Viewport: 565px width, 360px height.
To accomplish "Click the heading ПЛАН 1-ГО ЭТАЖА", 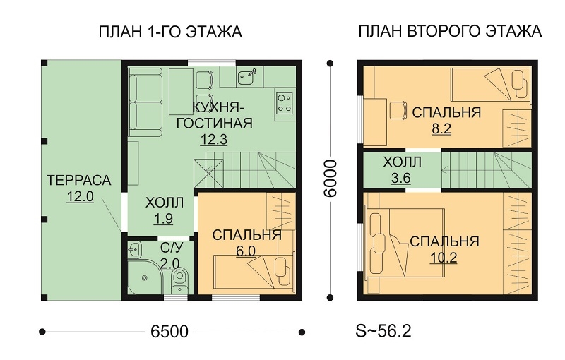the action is tap(170, 32).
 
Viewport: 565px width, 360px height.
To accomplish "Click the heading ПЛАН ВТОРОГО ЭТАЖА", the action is tap(450, 31).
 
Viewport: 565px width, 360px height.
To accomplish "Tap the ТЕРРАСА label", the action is tap(79, 181).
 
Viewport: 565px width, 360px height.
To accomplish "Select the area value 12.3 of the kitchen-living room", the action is tap(214, 139).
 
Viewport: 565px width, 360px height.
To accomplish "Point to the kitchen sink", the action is tap(246, 77).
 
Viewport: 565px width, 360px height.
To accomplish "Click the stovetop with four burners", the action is tap(285, 103).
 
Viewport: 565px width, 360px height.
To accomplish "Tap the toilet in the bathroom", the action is tap(179, 278).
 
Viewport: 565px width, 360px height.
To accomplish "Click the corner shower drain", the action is tap(145, 277).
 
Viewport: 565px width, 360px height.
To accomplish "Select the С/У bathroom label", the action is tap(172, 248).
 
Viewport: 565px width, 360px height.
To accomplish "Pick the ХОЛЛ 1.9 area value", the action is tap(164, 219).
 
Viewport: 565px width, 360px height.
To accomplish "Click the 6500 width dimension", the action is tap(169, 332).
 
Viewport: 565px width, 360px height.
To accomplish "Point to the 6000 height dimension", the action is tap(331, 179).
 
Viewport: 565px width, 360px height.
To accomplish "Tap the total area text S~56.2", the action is tap(383, 331).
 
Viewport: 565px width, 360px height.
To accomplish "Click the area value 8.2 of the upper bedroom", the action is tap(441, 128).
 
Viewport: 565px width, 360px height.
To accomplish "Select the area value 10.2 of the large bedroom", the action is tap(444, 258).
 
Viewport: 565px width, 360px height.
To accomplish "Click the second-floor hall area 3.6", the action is tap(400, 178).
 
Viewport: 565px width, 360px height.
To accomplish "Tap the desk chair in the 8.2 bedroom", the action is tap(398, 110).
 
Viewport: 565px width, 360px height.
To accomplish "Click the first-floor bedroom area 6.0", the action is tap(246, 251).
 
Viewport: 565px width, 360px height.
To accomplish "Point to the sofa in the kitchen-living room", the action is tap(145, 102).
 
